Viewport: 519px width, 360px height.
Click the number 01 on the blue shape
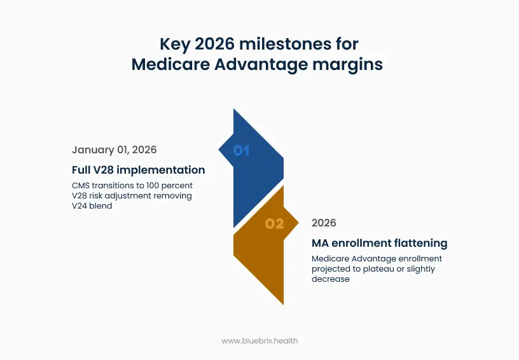coord(241,151)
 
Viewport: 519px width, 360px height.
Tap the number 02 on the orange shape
coord(275,224)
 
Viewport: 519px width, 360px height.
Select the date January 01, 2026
coord(114,150)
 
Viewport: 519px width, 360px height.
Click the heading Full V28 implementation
coord(138,170)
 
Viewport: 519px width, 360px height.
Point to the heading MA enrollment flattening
coord(379,243)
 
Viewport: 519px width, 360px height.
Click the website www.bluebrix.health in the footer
coord(259,340)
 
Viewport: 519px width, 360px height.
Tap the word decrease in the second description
coord(330,279)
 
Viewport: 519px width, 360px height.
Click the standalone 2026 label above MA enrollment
coord(324,223)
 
